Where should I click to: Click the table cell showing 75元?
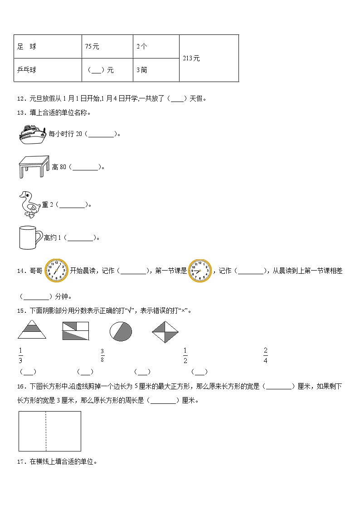[92, 47]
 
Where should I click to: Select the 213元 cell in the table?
[191, 58]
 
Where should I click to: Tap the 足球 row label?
[27, 47]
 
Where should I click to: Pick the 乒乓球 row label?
[27, 70]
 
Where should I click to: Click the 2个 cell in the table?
[141, 47]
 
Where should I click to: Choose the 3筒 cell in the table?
[141, 70]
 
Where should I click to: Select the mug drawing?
[30, 237]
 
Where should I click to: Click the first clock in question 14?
[56, 271]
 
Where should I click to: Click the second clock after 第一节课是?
[199, 271]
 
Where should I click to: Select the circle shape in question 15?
[121, 331]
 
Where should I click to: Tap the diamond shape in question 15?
[165, 332]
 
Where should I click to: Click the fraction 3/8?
[102, 355]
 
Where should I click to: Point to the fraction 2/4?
[265, 355]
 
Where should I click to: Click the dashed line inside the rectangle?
[46, 431]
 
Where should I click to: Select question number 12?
[21, 98]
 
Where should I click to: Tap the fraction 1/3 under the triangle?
[20, 355]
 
